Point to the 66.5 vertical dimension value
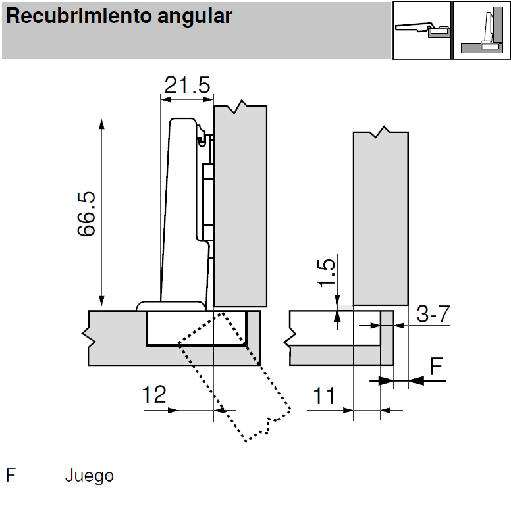86,213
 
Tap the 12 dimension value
154,395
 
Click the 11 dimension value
323,396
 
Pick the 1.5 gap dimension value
327,273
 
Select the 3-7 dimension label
433,315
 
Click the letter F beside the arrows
436,367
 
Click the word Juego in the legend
89,476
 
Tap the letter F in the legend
11,476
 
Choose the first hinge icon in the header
421,30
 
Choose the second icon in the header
481,30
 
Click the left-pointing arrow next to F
421,380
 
